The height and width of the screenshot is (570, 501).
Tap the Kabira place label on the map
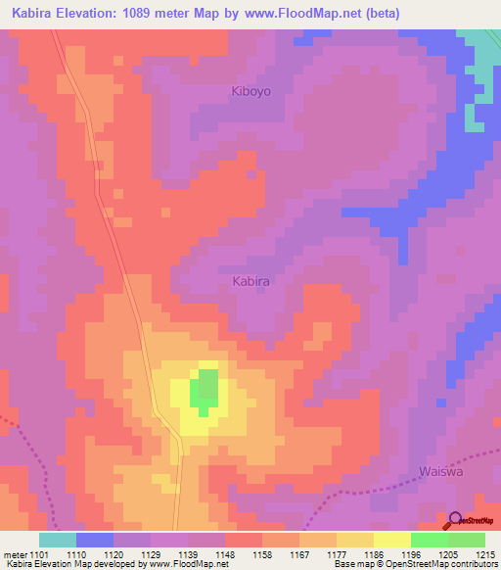coord(250,281)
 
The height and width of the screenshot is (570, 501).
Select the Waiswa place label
coord(438,471)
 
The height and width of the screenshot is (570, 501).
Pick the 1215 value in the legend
coord(484,555)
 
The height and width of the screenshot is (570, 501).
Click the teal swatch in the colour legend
coord(57,540)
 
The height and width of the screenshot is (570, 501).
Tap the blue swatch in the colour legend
coord(95,540)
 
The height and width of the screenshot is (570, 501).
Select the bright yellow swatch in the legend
coord(391,540)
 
